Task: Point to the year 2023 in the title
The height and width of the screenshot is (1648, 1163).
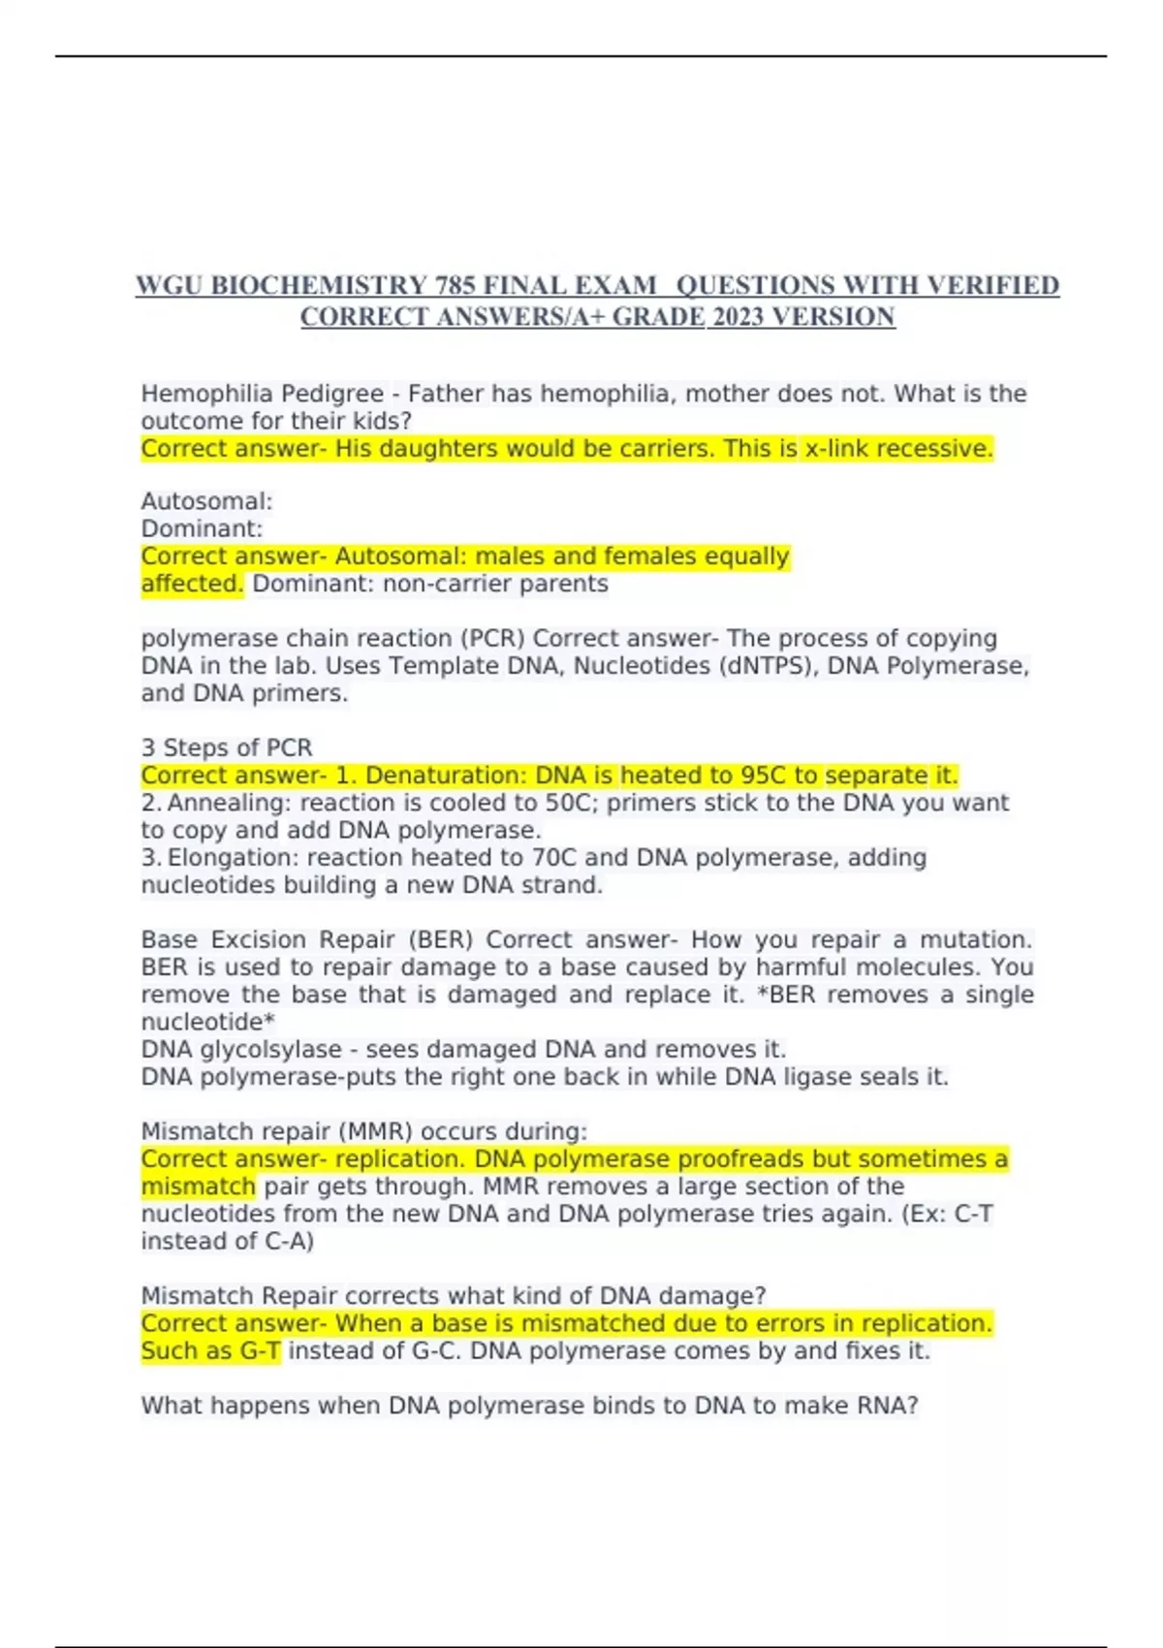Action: pos(738,317)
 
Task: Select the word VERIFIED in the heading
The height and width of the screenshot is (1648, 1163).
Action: pos(992,286)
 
